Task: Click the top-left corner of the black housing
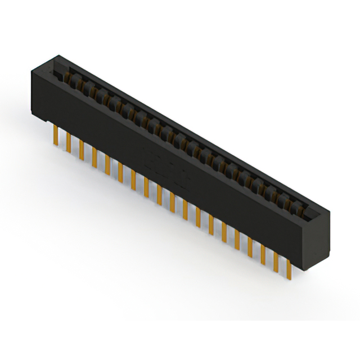coord(32,67)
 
